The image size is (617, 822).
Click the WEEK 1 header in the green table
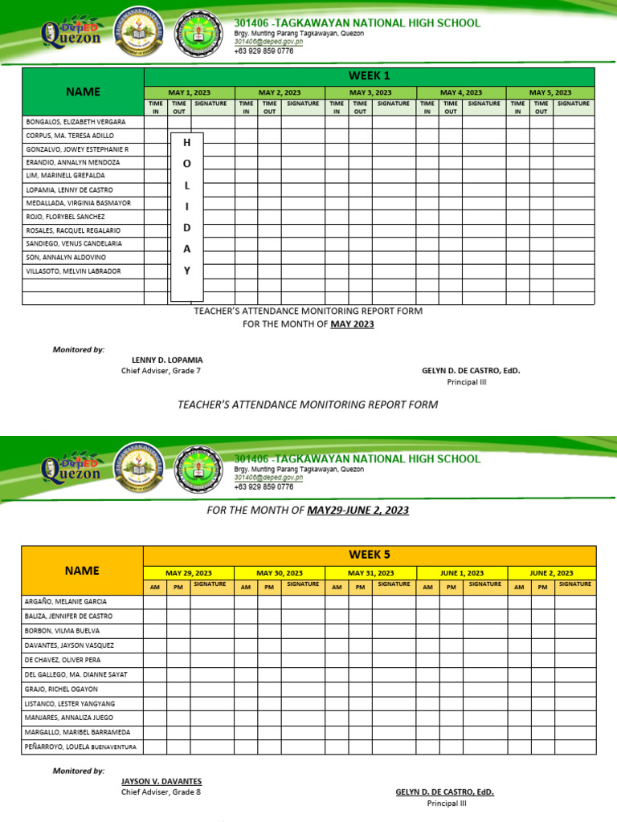tap(369, 76)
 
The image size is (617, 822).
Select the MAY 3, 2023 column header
tap(370, 93)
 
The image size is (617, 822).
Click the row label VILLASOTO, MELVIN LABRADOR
tap(73, 271)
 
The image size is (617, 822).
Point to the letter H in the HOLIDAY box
tap(187, 142)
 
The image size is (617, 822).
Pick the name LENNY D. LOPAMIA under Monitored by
tap(167, 360)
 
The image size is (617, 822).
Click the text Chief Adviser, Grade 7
tap(161, 371)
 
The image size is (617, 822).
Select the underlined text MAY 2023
tap(352, 324)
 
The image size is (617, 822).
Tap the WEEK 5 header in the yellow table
tap(369, 555)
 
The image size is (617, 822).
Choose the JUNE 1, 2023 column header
tap(462, 573)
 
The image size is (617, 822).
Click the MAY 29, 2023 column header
tap(189, 573)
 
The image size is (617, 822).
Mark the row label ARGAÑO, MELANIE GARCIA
tap(64, 601)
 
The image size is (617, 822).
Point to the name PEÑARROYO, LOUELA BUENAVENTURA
tap(80, 747)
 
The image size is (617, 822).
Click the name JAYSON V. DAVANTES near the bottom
tap(161, 781)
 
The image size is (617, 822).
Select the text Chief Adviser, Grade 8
tap(161, 792)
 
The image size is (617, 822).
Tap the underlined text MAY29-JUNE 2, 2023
tap(358, 510)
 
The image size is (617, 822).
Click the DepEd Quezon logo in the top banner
tap(71, 33)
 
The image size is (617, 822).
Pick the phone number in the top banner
tap(264, 51)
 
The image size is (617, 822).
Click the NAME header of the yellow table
tap(83, 571)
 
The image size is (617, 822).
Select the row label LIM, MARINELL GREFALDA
tap(65, 175)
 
